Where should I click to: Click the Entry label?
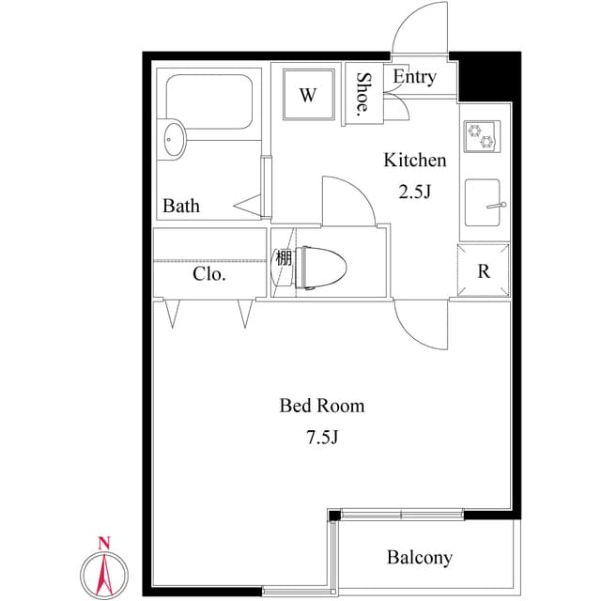click(x=414, y=77)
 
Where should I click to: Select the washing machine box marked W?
click(x=308, y=94)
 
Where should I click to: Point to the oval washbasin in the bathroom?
click(x=174, y=139)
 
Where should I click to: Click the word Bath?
click(x=181, y=206)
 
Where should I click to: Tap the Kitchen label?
click(x=414, y=160)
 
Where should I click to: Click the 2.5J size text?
click(x=414, y=193)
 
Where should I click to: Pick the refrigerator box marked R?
click(x=484, y=272)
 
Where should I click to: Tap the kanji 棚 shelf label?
click(x=283, y=257)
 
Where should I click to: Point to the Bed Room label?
click(x=322, y=406)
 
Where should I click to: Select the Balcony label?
click(x=420, y=558)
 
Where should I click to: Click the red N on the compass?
click(x=104, y=543)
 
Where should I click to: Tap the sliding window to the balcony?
click(x=402, y=514)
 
